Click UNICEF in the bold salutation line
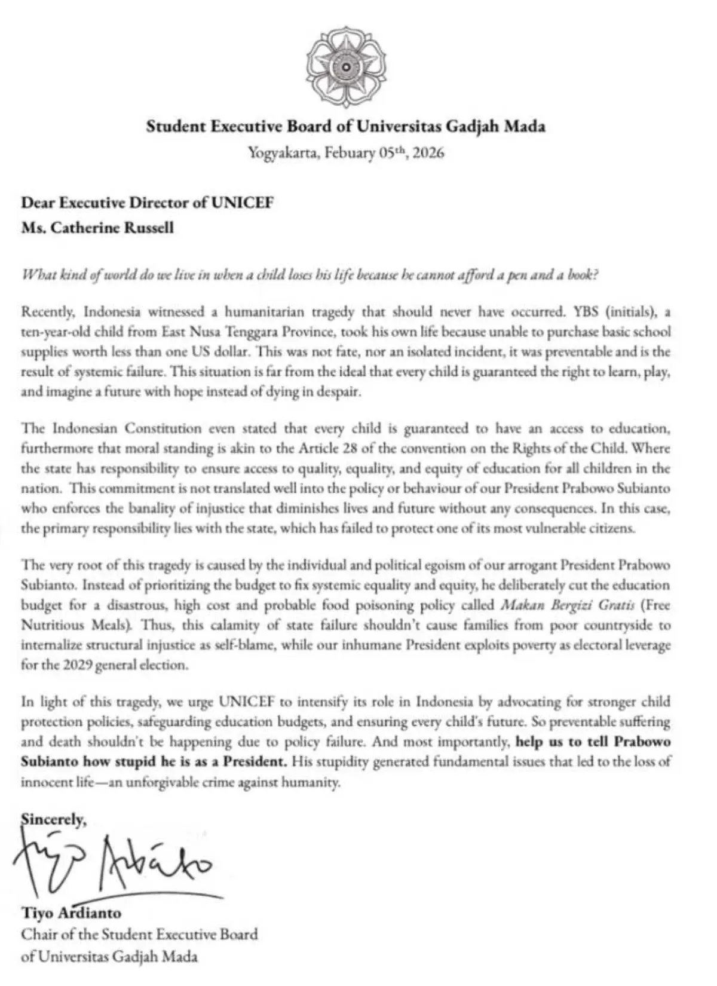(243, 203)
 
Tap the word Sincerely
(53, 820)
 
